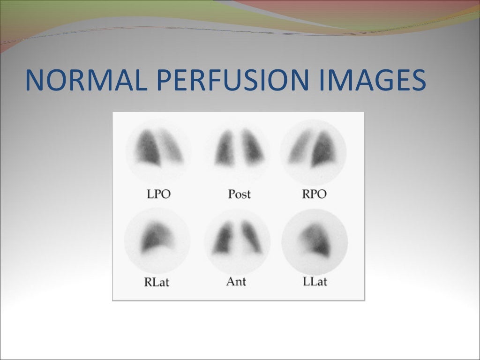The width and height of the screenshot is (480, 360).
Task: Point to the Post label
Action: click(239, 194)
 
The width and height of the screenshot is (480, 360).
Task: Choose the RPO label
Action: click(314, 194)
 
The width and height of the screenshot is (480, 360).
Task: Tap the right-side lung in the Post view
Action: click(252, 146)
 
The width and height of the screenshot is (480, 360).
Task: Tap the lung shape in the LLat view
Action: click(316, 239)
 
